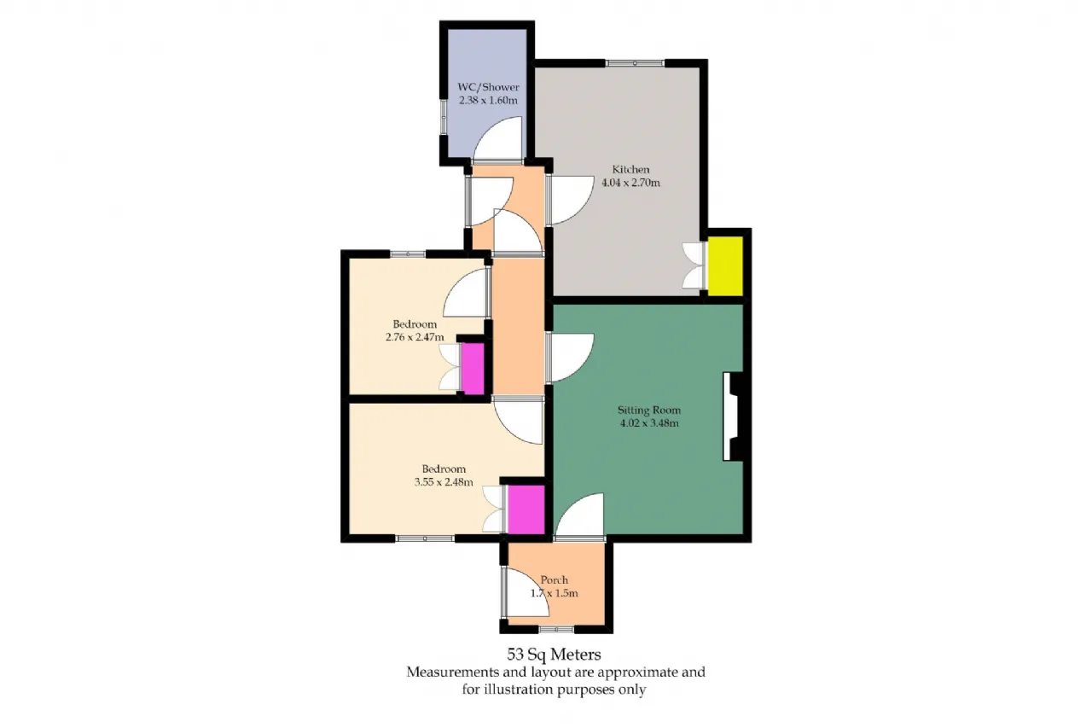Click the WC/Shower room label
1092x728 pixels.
click(489, 87)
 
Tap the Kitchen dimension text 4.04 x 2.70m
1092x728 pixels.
click(630, 183)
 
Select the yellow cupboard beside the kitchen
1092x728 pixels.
click(725, 265)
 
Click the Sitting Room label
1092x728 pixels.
click(649, 410)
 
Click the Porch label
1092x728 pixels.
click(555, 579)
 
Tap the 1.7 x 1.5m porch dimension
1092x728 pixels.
click(555, 593)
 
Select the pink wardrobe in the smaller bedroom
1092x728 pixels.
click(473, 368)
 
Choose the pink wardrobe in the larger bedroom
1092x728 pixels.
click(526, 510)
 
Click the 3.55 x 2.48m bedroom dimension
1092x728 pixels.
click(444, 482)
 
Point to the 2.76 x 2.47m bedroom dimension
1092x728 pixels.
click(415, 337)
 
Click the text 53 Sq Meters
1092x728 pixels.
click(554, 654)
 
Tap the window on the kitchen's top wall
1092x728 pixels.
click(635, 63)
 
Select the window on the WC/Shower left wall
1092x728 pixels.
click(444, 117)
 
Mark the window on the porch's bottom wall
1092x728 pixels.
click(556, 629)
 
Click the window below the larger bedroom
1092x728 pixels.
click(425, 539)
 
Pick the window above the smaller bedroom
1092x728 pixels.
click(408, 253)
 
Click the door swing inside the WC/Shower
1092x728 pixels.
click(497, 138)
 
